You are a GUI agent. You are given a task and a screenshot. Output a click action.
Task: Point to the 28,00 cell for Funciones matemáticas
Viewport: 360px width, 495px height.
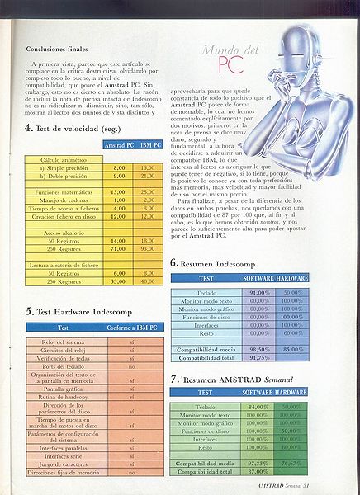tap(148, 191)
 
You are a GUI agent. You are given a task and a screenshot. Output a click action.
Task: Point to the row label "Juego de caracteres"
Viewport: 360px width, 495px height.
tap(64, 463)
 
